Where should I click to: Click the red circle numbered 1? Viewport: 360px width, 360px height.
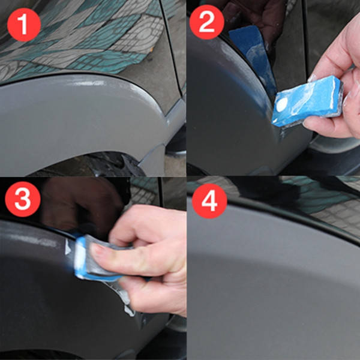click(24, 25)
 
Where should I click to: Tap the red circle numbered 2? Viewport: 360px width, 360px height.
click(206, 22)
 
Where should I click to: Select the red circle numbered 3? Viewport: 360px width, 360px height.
click(23, 199)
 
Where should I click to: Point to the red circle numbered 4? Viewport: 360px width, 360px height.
click(209, 201)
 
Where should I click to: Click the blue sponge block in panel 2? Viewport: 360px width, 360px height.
click(308, 101)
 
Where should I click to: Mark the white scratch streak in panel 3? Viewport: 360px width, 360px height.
click(34, 239)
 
